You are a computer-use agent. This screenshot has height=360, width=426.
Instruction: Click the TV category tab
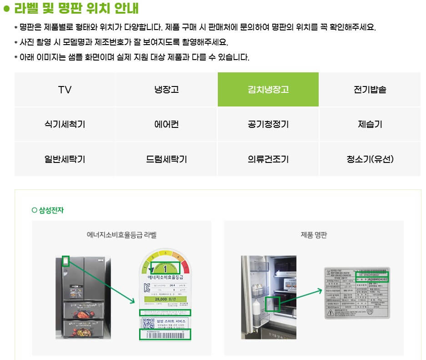(65, 90)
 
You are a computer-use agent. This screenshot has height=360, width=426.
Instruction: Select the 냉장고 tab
(166, 90)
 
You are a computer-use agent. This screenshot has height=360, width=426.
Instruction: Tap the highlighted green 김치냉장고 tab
(268, 90)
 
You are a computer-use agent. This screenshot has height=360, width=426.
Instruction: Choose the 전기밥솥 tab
(370, 90)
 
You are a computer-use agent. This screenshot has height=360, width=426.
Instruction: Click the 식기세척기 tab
(65, 124)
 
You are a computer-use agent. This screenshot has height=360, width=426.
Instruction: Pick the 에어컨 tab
(166, 124)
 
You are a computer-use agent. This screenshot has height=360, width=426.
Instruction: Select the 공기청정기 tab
(268, 124)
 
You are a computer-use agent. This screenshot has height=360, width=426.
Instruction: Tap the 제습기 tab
(370, 124)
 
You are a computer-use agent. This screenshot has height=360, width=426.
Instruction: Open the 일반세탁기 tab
(65, 159)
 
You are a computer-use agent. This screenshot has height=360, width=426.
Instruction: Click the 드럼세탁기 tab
(166, 159)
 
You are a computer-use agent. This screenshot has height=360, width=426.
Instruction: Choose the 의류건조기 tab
(268, 159)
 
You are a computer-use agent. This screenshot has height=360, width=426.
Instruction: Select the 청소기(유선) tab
(370, 159)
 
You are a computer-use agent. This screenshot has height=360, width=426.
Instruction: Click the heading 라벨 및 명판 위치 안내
(76, 9)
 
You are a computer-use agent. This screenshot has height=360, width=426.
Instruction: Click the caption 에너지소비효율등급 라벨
(121, 235)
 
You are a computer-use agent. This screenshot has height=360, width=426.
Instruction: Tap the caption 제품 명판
(314, 235)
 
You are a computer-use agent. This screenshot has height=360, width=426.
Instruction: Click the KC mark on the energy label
(146, 288)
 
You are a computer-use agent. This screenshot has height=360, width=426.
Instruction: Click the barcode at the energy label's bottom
(165, 335)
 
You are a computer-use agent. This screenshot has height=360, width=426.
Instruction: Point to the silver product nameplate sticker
(356, 292)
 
